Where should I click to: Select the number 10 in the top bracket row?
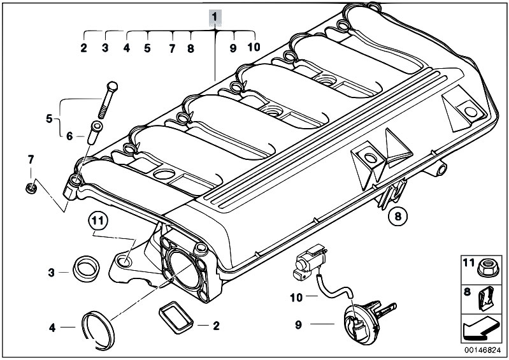point(254,48)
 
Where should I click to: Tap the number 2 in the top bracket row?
point(83,48)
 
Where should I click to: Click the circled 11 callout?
point(96,222)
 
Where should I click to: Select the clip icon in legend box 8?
point(488,299)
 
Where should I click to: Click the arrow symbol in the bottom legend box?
point(483,331)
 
